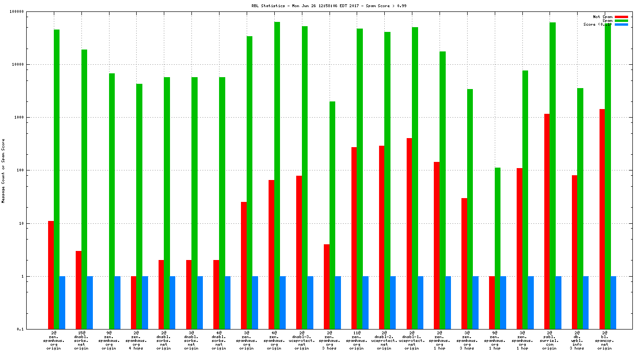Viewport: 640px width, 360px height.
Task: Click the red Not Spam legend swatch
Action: point(621,17)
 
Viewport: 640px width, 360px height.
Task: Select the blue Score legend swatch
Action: point(621,24)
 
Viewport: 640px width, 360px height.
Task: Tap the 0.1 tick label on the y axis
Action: point(33,329)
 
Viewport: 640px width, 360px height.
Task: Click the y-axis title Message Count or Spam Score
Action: point(3,170)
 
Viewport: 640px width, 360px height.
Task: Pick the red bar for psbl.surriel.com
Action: point(547,221)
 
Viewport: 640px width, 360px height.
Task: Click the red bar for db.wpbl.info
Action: point(574,252)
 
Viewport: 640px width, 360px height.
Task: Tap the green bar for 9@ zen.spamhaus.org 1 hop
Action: point(497,248)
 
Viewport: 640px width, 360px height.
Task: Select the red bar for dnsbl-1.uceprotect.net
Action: point(409,233)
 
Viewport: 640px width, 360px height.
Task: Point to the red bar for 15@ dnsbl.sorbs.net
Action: point(78,290)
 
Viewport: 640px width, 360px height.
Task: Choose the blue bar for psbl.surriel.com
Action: point(558,302)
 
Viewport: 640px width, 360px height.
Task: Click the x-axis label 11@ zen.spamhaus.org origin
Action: point(357,340)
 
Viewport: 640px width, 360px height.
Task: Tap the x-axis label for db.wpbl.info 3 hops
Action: point(577,340)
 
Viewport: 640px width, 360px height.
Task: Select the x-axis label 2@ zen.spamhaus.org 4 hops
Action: point(136,340)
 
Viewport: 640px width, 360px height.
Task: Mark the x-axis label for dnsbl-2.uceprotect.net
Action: point(384,340)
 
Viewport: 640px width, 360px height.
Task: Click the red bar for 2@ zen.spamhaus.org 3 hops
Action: point(326,287)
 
